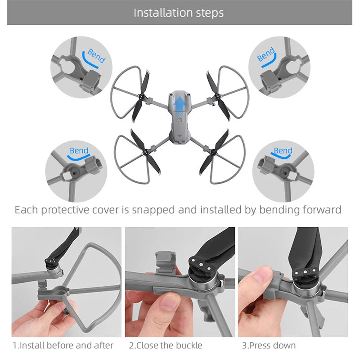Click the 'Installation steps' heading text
(179, 13)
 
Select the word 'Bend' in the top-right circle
(266, 55)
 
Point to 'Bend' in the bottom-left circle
(79, 150)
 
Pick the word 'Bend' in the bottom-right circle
(283, 150)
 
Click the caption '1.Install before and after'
(63, 346)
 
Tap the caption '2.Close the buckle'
(166, 346)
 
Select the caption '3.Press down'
(269, 346)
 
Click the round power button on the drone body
(179, 120)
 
